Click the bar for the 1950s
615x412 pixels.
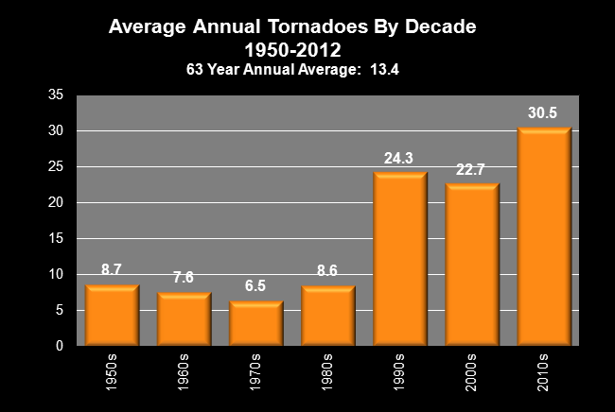(112, 316)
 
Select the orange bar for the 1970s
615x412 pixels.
(255, 323)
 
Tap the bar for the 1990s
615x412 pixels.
(399, 259)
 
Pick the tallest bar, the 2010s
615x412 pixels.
(544, 237)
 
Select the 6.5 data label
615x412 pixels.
(255, 284)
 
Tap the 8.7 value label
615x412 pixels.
(112, 269)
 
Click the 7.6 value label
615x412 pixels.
(184, 277)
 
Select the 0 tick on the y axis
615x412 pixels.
(59, 347)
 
